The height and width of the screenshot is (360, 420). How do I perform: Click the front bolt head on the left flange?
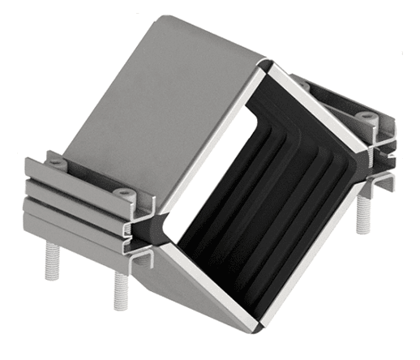tap(124, 194)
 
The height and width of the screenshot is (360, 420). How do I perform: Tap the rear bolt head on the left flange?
tap(55, 162)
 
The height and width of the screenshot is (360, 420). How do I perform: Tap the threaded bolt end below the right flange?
tap(362, 217)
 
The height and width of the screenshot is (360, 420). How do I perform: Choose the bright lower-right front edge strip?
tap(312, 268)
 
